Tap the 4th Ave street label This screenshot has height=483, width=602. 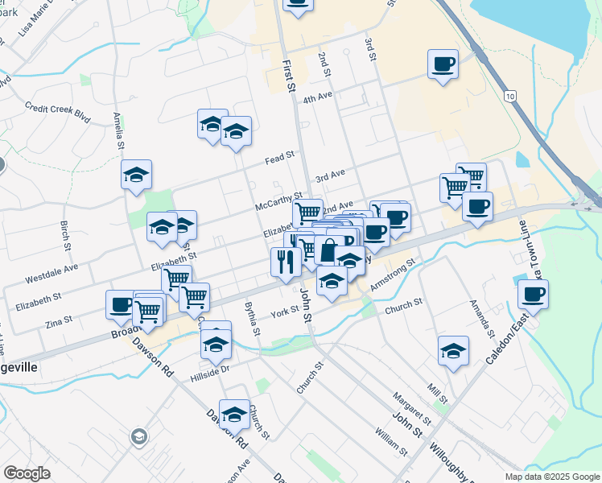coord(317,97)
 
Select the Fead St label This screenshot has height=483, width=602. coord(279,159)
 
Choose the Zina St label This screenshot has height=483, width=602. coord(59,320)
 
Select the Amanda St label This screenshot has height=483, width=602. coord(482,320)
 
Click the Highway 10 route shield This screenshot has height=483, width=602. coord(511,96)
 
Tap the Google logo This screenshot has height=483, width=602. coord(27,473)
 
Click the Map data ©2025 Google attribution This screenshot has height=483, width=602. coord(551,477)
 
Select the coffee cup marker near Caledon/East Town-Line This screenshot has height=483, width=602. coord(533,293)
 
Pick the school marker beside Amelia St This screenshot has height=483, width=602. coord(137,174)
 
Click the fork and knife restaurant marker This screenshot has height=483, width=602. coord(284,261)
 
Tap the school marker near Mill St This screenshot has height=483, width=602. coord(454,350)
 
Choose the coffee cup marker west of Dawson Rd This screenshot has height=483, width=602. coord(121,304)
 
